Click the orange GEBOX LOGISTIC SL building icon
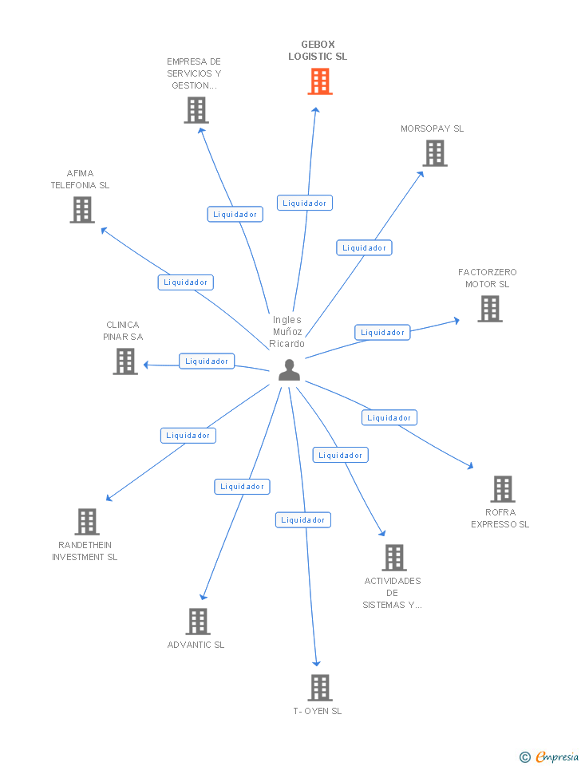pyautogui.click(x=320, y=81)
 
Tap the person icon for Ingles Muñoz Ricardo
pyautogui.click(x=289, y=370)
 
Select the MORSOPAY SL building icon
pyautogui.click(x=435, y=153)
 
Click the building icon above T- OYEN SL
pyautogui.click(x=319, y=688)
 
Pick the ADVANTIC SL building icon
pyautogui.click(x=198, y=622)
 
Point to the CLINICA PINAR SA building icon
pyautogui.click(x=125, y=361)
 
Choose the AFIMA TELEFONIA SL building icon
pyautogui.click(x=82, y=210)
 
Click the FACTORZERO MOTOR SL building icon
pyautogui.click(x=490, y=309)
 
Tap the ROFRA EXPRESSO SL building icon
pyautogui.click(x=502, y=489)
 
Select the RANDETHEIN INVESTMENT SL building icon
pyautogui.click(x=87, y=522)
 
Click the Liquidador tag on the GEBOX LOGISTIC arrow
pyautogui.click(x=305, y=203)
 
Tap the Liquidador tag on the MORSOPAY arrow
pyautogui.click(x=364, y=248)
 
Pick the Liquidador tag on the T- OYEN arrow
pyautogui.click(x=303, y=520)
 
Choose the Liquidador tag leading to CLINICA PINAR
pyautogui.click(x=207, y=361)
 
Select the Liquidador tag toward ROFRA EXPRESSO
pyautogui.click(x=389, y=418)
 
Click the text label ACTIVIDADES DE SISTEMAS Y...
pyautogui.click(x=393, y=593)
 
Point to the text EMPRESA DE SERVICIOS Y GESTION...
pyautogui.click(x=194, y=73)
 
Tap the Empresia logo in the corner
pyautogui.click(x=557, y=756)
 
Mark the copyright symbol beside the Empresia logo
pyautogui.click(x=524, y=757)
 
